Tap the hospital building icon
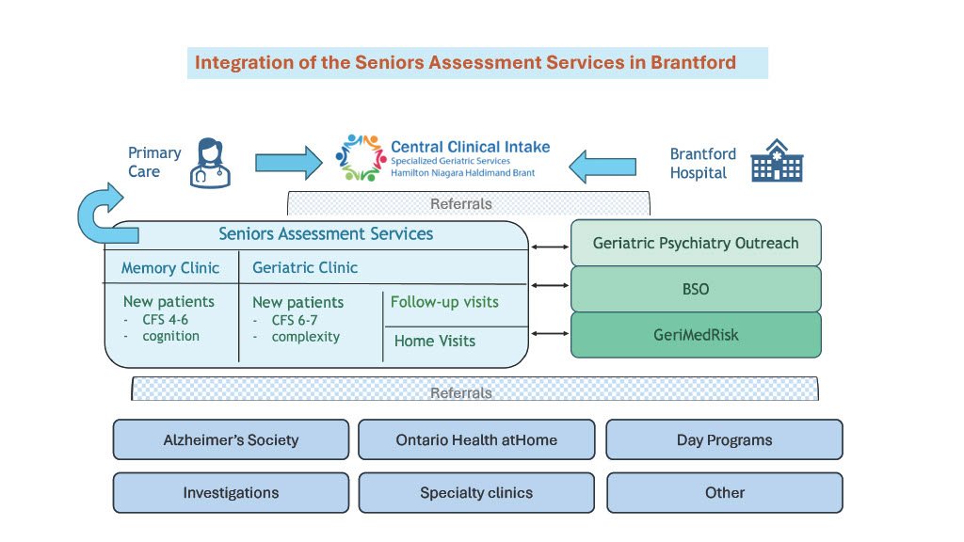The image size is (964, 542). point(776,161)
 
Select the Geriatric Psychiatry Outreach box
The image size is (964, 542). point(696,243)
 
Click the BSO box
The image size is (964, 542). point(696,289)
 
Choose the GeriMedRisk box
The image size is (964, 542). point(696,334)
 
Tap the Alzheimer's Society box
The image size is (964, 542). point(231,439)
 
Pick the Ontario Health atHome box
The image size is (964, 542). point(476,439)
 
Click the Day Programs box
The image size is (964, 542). point(724,439)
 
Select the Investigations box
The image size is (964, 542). point(231,492)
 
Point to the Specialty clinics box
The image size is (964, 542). point(476,492)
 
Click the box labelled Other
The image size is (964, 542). point(724,492)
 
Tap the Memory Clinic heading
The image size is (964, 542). point(170,268)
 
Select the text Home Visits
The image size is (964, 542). point(435,341)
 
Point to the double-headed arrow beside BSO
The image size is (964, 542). point(550,283)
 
